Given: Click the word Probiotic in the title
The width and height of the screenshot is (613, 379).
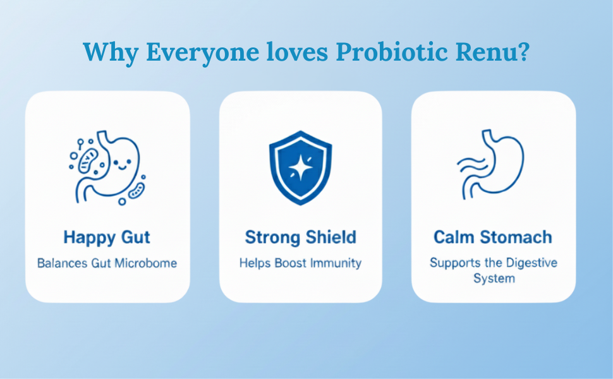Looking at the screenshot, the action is point(392,52).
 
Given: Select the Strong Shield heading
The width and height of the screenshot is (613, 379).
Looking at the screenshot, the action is point(301,237).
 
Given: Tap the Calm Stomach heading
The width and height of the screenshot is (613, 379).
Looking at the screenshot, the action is point(493,237).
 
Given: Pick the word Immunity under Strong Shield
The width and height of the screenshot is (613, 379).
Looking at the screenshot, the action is point(336,263).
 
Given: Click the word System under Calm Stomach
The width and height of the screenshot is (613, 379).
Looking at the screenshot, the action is point(494,279).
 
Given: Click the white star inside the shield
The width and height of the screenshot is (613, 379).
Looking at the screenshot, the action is point(300,168).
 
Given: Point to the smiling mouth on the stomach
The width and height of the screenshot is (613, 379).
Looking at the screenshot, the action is point(123,168).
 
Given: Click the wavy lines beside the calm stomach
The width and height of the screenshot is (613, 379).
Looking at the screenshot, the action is point(471,165).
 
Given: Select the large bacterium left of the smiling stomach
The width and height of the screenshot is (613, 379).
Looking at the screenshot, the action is point(88,160).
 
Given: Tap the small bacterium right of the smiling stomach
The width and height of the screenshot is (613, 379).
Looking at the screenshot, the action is point(137,191).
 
